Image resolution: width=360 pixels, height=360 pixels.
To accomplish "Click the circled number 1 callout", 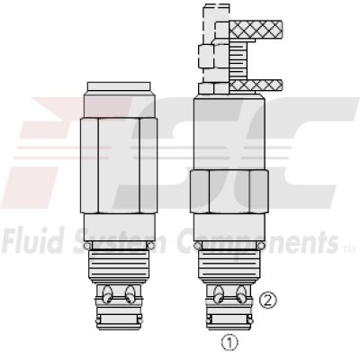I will [x=231, y=341].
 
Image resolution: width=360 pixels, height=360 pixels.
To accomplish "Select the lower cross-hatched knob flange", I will [x=257, y=85].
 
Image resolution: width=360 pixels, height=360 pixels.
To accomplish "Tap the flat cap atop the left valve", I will [x=121, y=86].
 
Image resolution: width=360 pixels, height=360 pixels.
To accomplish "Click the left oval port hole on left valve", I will [x=108, y=292].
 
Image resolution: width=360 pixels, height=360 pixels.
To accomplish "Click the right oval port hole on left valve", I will [x=131, y=292].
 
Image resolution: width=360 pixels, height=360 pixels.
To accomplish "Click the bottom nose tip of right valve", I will [x=231, y=319].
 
